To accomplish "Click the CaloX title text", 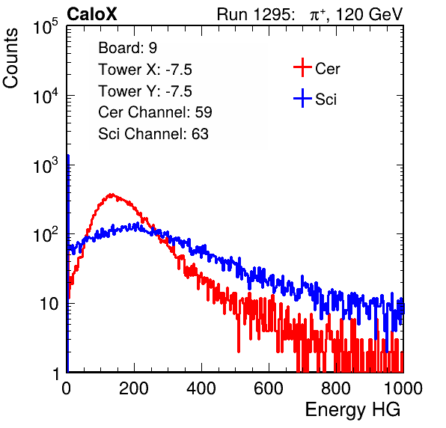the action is [91, 14].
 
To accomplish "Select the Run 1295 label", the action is [255, 14].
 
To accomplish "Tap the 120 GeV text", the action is [369, 14].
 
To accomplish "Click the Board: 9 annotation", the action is [127, 48].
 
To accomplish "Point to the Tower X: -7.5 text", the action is [145, 70].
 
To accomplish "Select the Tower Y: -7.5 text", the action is [145, 91].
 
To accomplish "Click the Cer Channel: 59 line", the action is [155, 112].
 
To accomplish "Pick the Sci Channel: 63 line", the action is [153, 134].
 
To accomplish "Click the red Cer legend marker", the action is [302, 67].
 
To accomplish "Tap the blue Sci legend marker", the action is [302, 99].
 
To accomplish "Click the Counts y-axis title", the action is [10, 58].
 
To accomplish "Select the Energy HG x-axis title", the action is [352, 409].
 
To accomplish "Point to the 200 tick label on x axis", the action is [134, 388].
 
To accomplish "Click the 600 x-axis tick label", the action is [269, 388].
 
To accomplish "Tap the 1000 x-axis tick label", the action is [403, 388].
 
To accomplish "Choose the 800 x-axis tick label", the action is [336, 388].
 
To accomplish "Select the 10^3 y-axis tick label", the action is [46, 165].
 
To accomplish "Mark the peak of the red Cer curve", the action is [111, 195].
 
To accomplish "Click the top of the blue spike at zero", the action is [68, 156].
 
